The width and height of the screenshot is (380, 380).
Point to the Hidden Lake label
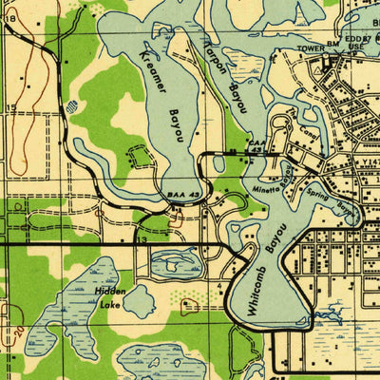pos(109,299)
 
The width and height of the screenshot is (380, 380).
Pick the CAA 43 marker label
pos(256,146)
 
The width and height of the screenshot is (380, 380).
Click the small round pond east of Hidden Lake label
pos(139,302)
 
